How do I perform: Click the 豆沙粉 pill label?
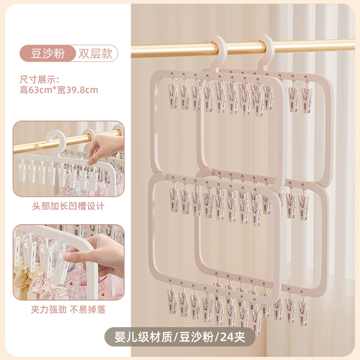tap(48, 54)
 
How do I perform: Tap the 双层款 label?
tap(95, 54)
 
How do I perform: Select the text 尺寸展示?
tap(40, 80)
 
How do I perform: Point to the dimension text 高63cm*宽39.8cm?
tap(59, 90)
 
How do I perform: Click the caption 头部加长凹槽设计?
tap(68, 206)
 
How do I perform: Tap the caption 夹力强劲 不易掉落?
tap(68, 310)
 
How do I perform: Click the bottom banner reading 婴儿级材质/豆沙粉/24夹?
tap(180, 337)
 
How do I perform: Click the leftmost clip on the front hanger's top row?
tap(173, 95)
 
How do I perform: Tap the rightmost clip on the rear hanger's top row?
tap(308, 96)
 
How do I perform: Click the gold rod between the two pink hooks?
tap(239, 48)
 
